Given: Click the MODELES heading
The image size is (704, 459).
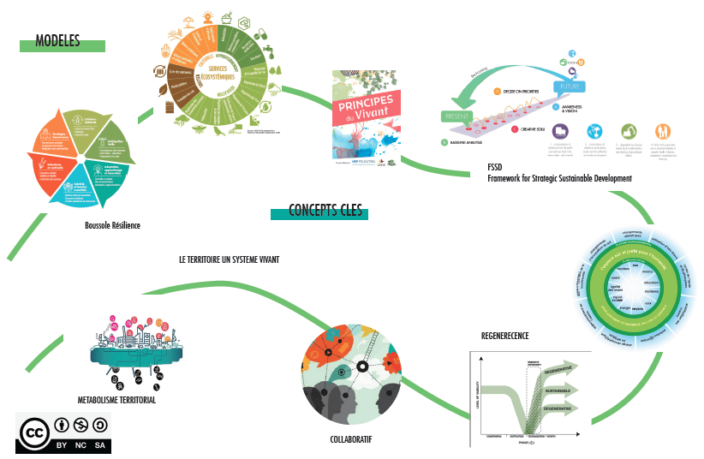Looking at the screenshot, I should tap(58, 41).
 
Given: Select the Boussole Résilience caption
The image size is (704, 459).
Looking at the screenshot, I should tap(112, 225).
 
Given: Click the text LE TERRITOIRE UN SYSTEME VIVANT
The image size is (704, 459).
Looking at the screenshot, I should tap(229, 259).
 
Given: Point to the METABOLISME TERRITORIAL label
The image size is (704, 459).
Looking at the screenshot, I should tap(116, 400).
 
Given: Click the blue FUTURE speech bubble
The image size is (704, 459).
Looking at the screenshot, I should tap(571, 86).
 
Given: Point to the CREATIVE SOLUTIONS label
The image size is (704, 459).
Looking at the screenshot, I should tap(528, 130).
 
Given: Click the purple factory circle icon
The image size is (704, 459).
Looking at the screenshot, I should tap(561, 131).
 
